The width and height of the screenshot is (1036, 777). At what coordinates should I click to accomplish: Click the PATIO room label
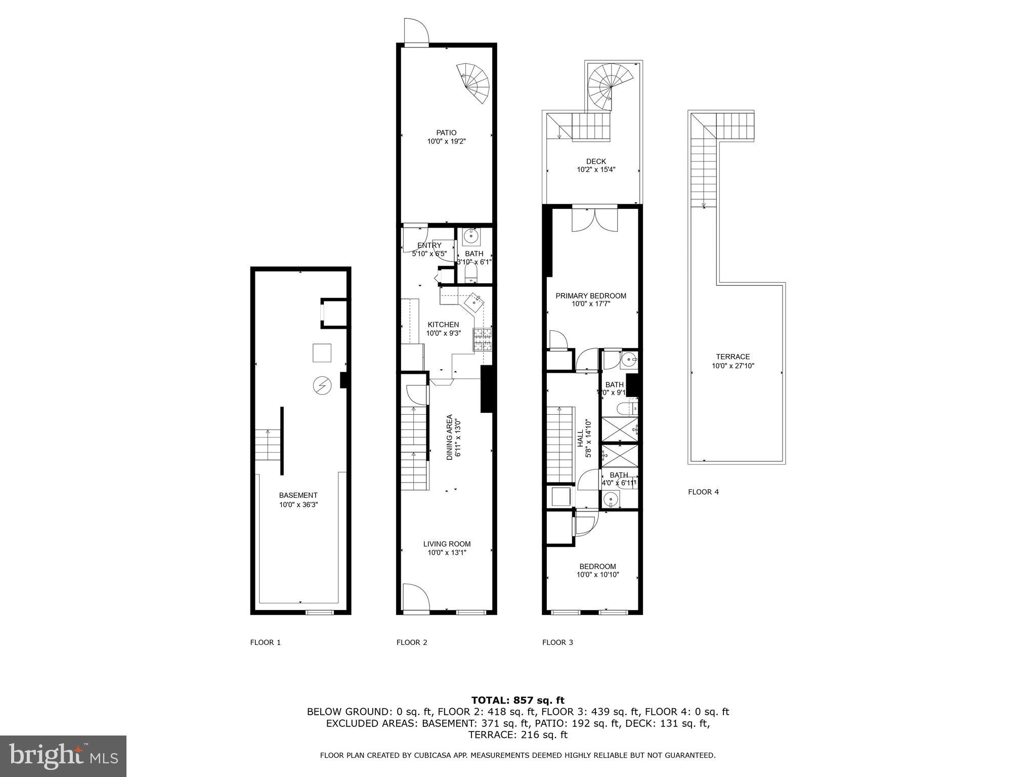446,133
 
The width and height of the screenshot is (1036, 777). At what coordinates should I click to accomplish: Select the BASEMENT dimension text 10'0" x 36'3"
298,504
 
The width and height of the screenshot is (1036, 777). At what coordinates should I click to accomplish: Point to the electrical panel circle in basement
322,385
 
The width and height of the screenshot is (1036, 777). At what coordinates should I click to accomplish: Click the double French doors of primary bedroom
595,219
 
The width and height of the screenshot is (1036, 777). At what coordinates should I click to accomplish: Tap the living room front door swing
416,597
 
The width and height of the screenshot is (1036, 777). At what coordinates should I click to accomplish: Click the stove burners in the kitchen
482,339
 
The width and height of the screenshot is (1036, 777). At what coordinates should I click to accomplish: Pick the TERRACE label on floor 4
733,357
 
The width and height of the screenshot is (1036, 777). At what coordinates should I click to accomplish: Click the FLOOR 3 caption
557,642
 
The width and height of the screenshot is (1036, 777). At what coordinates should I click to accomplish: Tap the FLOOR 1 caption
265,642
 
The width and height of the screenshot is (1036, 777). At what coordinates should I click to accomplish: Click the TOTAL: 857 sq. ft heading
518,700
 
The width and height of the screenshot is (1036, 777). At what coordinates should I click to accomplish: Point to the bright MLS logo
63,756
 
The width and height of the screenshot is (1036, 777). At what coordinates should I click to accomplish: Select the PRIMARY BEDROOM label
591,296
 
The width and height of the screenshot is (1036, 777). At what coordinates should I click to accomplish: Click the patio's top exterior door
416,32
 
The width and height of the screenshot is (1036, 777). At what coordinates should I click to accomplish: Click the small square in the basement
322,353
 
